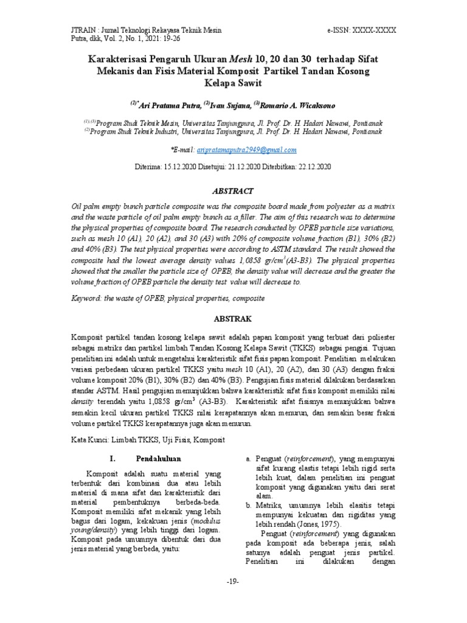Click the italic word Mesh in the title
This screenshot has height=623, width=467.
click(x=241, y=59)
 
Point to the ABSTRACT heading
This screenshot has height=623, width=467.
click(x=233, y=191)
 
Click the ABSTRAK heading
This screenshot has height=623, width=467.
click(x=233, y=318)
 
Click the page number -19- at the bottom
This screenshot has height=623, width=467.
click(x=233, y=582)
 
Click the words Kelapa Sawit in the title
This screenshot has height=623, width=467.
click(x=233, y=82)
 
